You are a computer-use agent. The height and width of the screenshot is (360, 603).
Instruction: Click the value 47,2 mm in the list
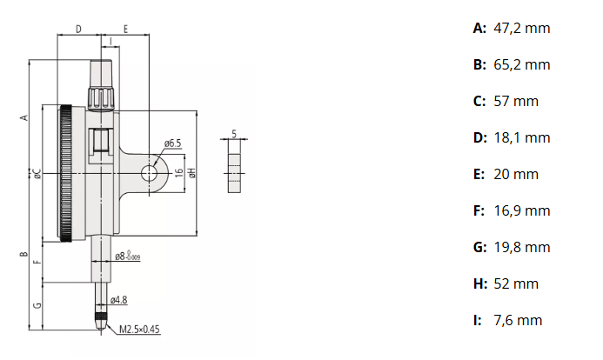[521, 28]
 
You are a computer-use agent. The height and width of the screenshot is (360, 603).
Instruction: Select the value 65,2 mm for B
[521, 64]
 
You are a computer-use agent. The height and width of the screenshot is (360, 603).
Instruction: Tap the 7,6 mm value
[518, 320]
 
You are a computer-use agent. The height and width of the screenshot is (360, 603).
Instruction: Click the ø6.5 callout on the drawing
[171, 143]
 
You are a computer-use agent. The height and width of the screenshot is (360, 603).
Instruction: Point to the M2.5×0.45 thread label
[140, 330]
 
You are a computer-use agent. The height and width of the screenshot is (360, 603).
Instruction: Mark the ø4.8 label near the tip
[119, 300]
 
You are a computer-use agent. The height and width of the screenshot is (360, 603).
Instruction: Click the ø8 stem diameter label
[128, 257]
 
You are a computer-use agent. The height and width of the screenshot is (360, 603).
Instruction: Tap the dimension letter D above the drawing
[78, 30]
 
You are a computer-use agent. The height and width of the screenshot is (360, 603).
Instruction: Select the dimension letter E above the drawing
[126, 30]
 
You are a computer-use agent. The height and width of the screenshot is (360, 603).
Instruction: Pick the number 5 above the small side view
[235, 134]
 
